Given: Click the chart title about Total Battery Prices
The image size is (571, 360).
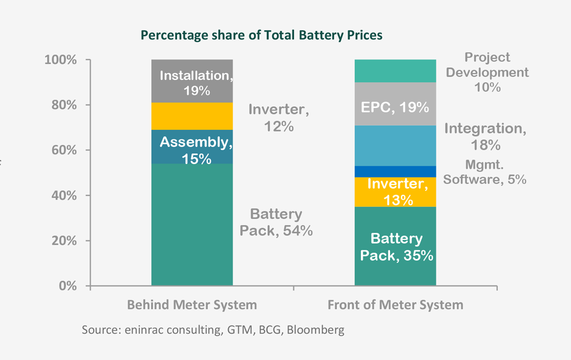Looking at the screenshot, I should click(x=262, y=35).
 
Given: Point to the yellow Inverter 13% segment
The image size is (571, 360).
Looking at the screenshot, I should click(x=395, y=192).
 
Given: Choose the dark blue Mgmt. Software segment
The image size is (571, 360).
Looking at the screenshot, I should click(x=395, y=171).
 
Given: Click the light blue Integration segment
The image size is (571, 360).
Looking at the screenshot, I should click(x=395, y=146).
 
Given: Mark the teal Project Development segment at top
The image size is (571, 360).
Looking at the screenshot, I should click(x=395, y=71).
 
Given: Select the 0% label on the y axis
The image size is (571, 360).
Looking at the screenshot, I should click(x=67, y=286).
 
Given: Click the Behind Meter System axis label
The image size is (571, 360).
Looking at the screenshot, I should click(x=192, y=305).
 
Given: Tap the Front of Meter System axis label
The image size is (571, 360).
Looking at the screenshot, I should click(x=395, y=305).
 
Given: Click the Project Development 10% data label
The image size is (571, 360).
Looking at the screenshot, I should click(x=487, y=73).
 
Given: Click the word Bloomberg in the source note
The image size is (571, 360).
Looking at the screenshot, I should click(x=317, y=330).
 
